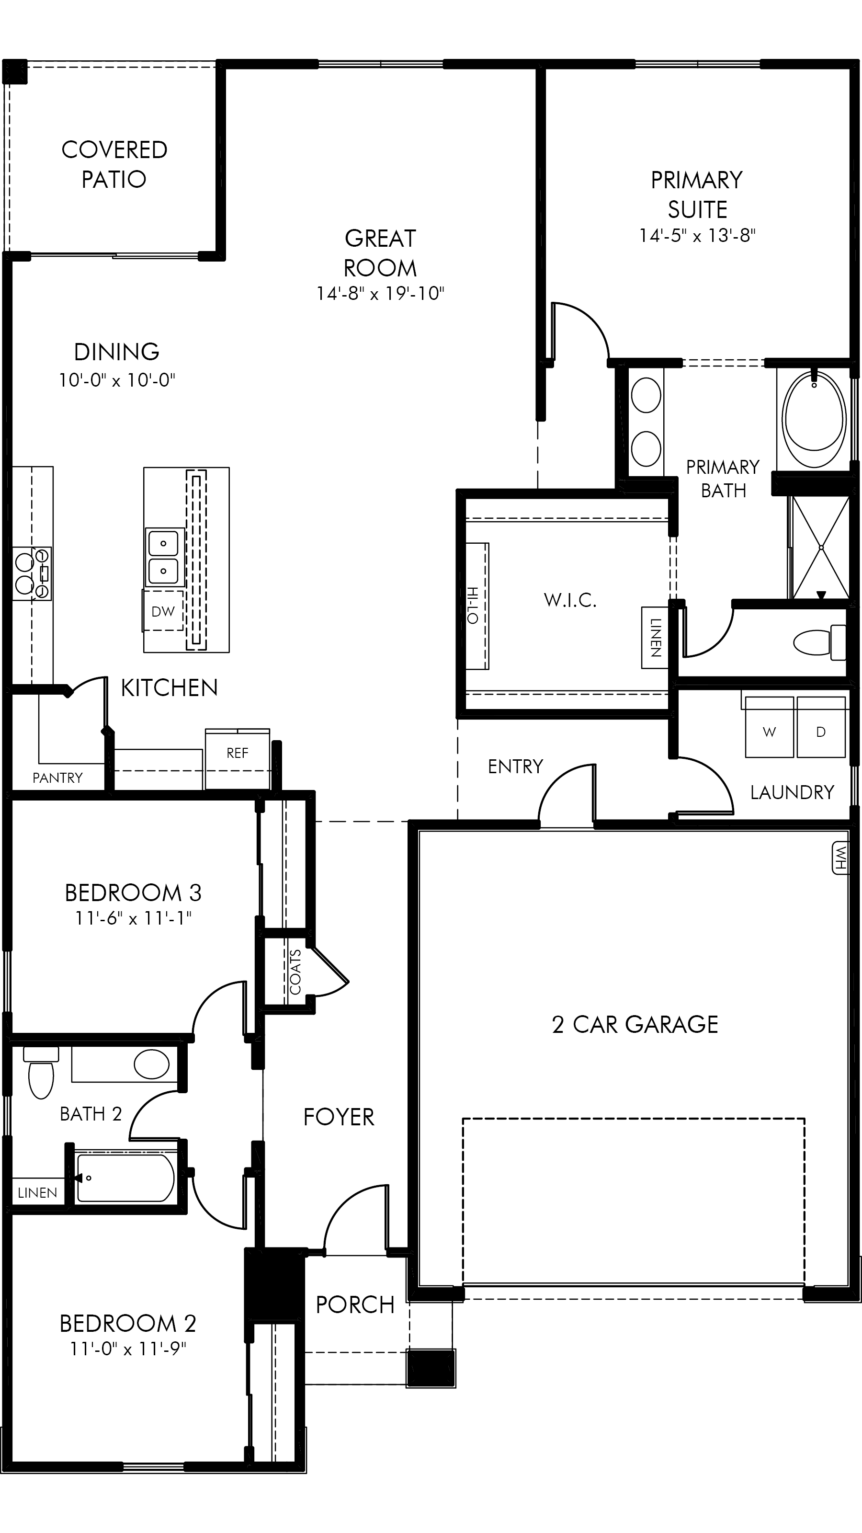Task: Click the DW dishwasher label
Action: (163, 611)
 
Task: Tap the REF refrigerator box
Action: (238, 759)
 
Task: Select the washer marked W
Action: (770, 727)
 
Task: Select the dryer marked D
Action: (821, 727)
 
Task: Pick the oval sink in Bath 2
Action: (152, 1064)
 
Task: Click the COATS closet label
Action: (295, 972)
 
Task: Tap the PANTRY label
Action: (57, 778)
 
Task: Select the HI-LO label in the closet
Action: (473, 605)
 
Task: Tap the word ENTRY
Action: (516, 766)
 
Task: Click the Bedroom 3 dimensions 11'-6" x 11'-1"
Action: (133, 918)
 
